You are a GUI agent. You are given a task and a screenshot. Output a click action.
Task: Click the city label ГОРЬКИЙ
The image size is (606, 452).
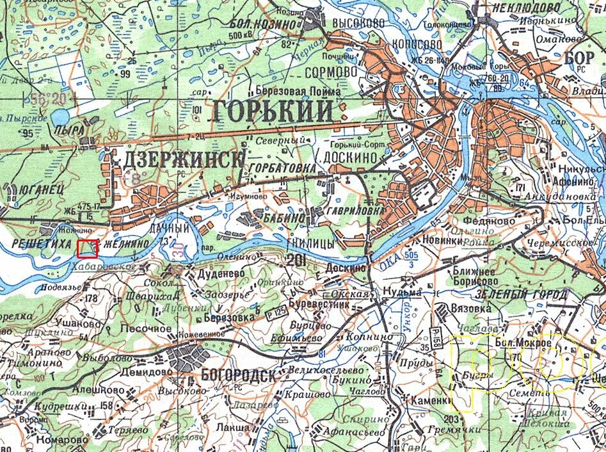pyautogui.click(x=271, y=111)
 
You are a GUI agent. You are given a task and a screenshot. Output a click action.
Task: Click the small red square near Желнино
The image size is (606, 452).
pyautogui.click(x=88, y=248)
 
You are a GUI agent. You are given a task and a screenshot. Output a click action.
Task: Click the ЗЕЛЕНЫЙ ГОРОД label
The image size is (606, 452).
pyautogui.click(x=522, y=295)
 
